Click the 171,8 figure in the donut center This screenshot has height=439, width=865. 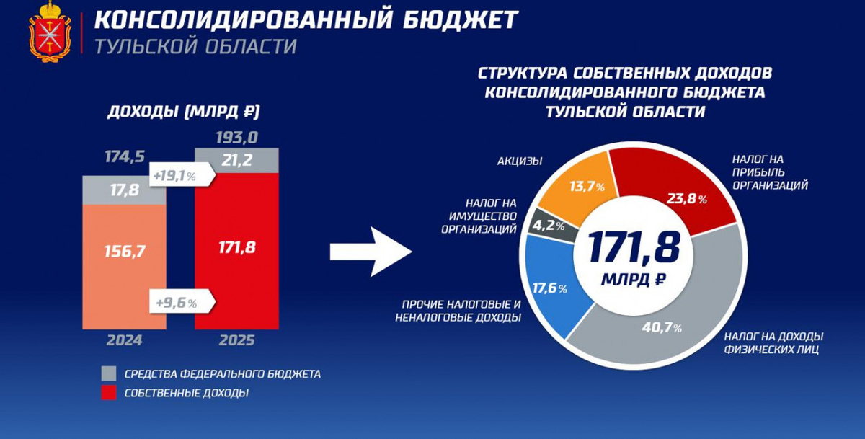pyautogui.click(x=634, y=248)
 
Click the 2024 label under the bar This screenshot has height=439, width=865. pyautogui.click(x=125, y=340)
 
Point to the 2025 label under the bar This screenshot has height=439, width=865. pyautogui.click(x=236, y=340)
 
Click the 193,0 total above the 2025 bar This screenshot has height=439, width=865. pyautogui.click(x=236, y=137)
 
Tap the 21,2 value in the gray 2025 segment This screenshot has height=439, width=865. pyautogui.click(x=236, y=161)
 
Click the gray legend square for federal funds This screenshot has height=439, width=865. pyautogui.click(x=108, y=373)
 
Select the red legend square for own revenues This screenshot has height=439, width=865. pyautogui.click(x=108, y=393)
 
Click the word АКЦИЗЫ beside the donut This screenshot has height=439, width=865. pyautogui.click(x=519, y=161)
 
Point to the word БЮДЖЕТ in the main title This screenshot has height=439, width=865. pyautogui.click(x=457, y=19)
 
